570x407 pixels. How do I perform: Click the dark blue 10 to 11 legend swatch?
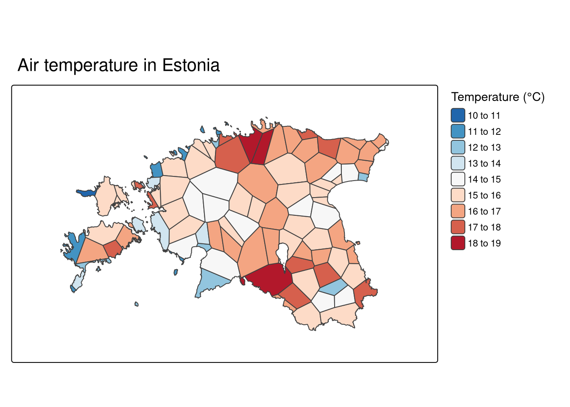458,115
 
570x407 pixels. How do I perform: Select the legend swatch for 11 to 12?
458,131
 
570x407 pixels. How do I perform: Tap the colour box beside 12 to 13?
458,147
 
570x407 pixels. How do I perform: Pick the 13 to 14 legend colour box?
458,163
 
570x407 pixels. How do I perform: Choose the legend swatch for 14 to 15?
458,179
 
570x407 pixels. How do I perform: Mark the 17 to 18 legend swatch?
458,227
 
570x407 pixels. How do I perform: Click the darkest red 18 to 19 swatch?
458,243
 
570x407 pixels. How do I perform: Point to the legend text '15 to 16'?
484,195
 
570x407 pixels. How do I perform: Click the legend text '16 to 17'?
484,212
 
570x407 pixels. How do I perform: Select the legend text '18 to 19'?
484,243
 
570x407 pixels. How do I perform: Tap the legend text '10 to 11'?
484,115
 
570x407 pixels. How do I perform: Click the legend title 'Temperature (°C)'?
498,97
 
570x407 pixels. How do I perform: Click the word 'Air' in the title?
28,65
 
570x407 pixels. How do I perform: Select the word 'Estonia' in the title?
191,65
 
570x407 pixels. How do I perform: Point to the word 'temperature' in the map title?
91,66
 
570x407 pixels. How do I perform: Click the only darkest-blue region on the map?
86,192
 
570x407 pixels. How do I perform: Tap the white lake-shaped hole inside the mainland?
282,254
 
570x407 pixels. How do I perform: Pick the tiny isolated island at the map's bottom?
137,304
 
